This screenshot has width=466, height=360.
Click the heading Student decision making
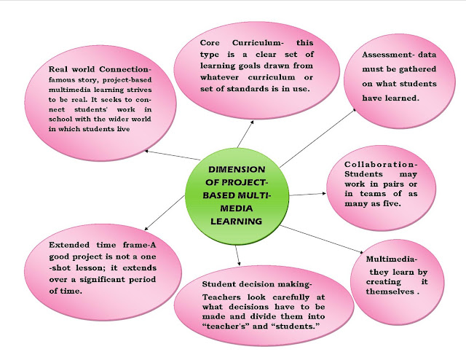pyautogui.click(x=257, y=283)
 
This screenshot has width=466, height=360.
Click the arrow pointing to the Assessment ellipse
pyautogui.click(x=320, y=132)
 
